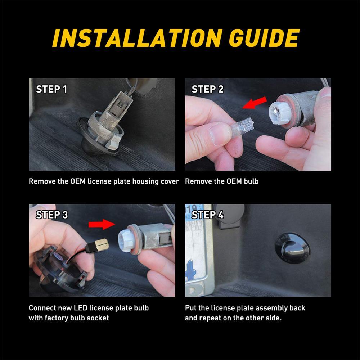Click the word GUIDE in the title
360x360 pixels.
click(264, 38)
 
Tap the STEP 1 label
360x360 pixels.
click(51, 89)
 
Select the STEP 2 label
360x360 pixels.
click(208, 89)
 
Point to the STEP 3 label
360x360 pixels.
click(51, 215)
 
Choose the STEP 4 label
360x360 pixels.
click(208, 215)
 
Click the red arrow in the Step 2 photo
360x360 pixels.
click(255, 103)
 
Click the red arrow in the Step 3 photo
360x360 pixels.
click(102, 224)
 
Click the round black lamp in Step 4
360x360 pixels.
click(292, 248)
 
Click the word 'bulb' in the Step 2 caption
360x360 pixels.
click(251, 181)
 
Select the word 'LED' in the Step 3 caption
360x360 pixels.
click(80, 308)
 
